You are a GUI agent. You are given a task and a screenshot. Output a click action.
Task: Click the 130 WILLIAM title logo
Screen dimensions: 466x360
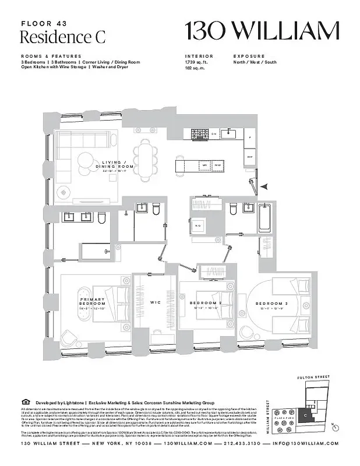262,31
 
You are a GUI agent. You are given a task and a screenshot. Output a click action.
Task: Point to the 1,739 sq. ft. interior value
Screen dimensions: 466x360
196,62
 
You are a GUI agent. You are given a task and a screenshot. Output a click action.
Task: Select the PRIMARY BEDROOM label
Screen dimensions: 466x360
93,302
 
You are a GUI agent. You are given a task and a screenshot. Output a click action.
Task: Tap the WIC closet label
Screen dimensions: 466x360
156,302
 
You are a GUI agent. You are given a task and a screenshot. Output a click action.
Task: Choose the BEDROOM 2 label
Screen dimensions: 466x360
206,303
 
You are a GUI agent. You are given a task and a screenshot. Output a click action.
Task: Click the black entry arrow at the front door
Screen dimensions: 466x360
264,186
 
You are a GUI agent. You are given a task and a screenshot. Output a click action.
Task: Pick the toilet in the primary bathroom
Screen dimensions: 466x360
100,218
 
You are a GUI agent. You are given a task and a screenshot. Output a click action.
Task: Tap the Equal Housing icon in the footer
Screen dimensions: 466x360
24,401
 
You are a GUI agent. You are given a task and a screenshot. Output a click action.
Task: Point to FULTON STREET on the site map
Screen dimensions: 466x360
313,377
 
